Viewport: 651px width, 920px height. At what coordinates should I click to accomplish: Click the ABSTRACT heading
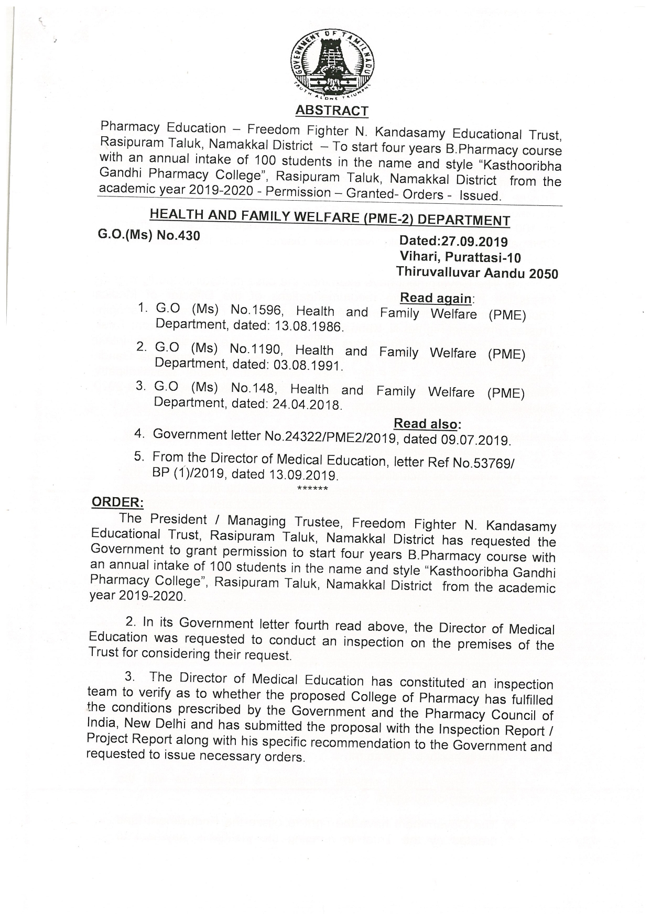pos(332,111)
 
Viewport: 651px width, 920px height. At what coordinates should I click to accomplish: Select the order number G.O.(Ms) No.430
pos(149,235)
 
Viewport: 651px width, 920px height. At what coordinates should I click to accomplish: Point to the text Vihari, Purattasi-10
pos(460,257)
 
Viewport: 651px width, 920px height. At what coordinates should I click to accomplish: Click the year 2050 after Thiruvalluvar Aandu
pos(543,274)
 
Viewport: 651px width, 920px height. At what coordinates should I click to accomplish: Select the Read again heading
pos(436,298)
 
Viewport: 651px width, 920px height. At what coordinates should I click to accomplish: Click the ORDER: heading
pos(117,502)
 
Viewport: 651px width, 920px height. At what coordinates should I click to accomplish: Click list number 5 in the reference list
pos(139,456)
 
